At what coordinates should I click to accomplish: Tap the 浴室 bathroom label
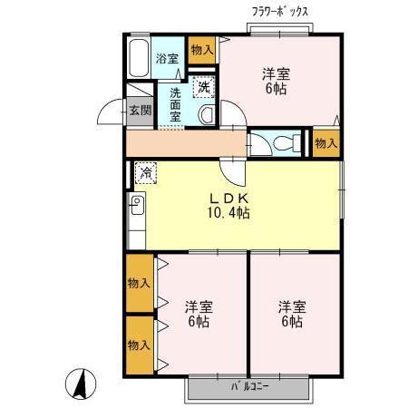coord(166,58)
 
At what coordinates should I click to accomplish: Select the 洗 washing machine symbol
coord(205,87)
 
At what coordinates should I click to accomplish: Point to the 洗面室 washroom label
coord(175,103)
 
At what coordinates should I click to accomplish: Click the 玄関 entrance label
coord(139,111)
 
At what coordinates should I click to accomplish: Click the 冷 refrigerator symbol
coord(145,171)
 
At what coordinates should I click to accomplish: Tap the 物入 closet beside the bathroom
coord(201,50)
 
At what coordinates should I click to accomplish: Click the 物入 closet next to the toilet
coord(325,143)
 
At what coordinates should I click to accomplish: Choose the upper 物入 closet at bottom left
coord(139,282)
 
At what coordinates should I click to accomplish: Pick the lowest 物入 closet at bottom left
coord(139,345)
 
